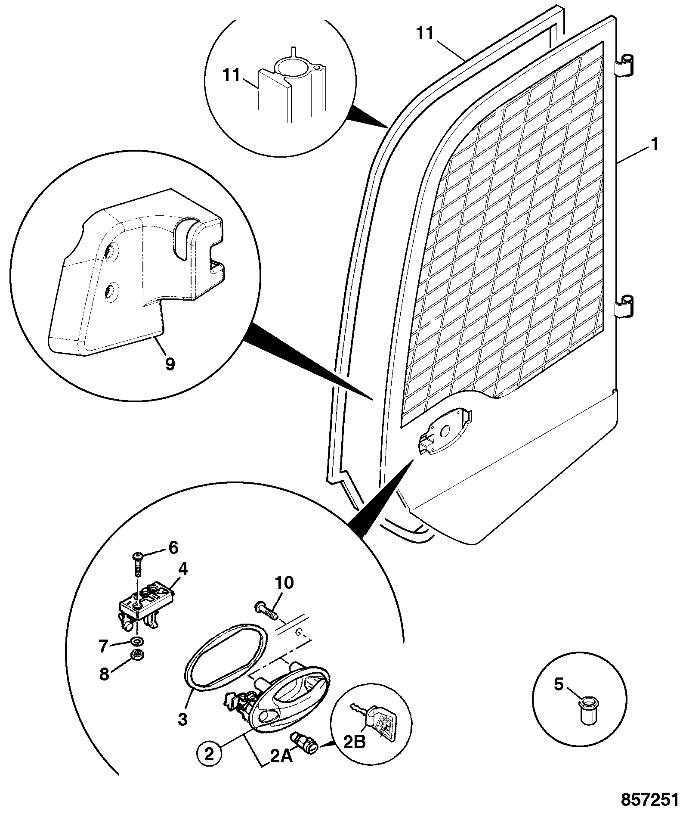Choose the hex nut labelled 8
137,655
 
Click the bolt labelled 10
266,611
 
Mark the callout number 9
170,364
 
